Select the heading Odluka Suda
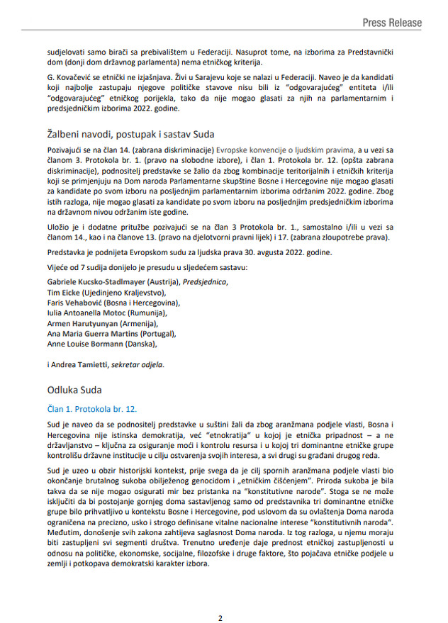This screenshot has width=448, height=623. click(74, 390)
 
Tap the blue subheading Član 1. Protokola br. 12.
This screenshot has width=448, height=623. click(91, 410)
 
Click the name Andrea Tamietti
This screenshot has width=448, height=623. click(85, 364)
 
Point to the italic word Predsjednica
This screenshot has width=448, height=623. click(205, 281)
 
